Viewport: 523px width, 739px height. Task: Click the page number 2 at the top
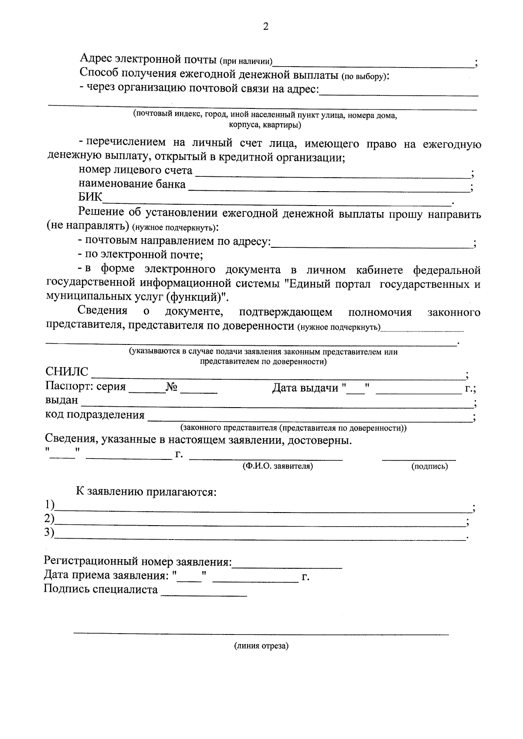[265, 27]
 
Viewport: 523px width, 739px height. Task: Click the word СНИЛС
[67, 372]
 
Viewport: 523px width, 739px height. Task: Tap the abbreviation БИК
[90, 197]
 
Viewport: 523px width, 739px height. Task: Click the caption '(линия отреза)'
[261, 646]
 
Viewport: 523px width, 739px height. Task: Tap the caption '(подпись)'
[429, 466]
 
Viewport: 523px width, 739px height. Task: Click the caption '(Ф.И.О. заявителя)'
[278, 466]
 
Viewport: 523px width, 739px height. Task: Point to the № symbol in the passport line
[172, 387]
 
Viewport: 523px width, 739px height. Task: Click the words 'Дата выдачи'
[305, 387]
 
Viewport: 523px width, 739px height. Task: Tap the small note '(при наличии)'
[246, 61]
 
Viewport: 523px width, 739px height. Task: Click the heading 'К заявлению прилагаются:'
[146, 492]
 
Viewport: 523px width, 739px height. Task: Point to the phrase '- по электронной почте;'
[140, 254]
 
